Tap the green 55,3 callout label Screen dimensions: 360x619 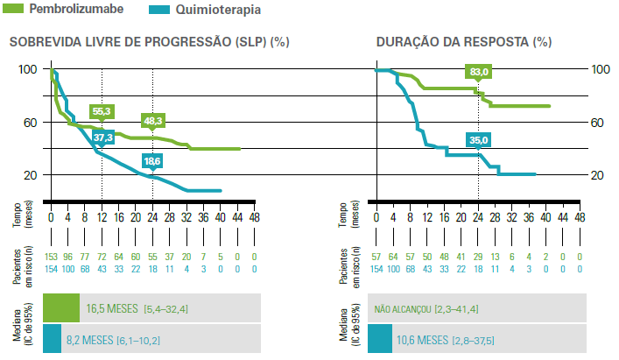pos(102,111)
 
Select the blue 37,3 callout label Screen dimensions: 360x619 pos(103,137)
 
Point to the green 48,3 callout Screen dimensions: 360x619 pos(153,119)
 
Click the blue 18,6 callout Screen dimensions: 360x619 pos(153,160)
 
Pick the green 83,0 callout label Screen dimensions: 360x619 pos(478,73)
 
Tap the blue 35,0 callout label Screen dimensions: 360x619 pos(478,139)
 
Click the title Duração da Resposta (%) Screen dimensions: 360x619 pos(464,41)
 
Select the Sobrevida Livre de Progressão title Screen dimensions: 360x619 pos(149,41)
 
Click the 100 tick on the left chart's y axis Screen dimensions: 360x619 pos(27,69)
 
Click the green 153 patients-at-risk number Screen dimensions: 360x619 pos(52,257)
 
